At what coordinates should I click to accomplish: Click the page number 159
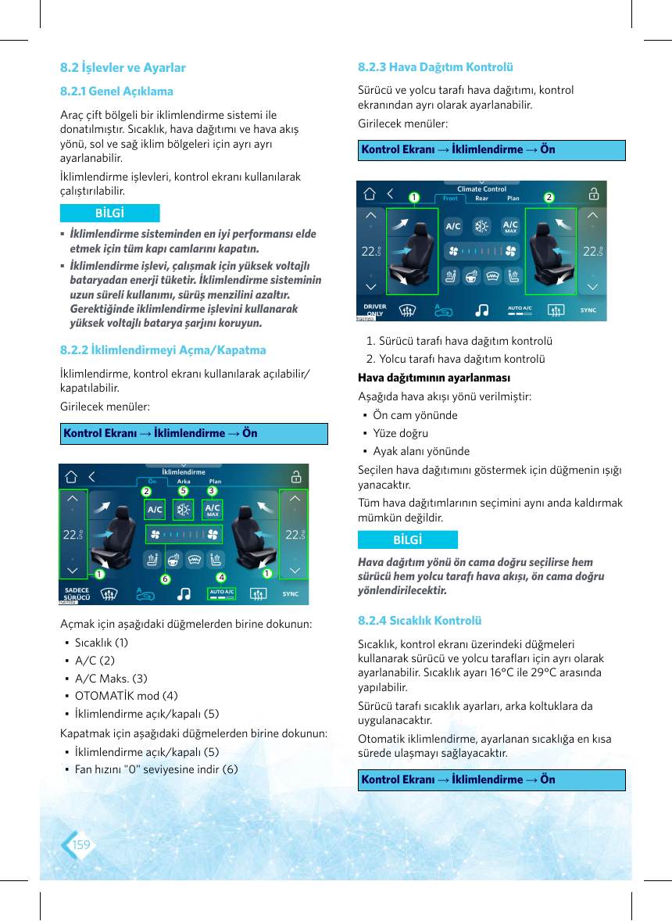pyautogui.click(x=81, y=844)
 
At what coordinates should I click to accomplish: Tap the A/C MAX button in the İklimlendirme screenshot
pyautogui.click(x=213, y=509)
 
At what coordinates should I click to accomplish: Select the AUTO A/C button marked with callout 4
pyautogui.click(x=222, y=594)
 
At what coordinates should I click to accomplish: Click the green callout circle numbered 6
pyautogui.click(x=166, y=579)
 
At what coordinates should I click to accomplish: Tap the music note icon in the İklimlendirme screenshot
pyautogui.click(x=184, y=594)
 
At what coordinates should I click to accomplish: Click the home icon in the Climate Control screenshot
pyautogui.click(x=370, y=194)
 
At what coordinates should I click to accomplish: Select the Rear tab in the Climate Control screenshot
pyautogui.click(x=482, y=199)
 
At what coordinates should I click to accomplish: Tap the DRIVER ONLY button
pyautogui.click(x=375, y=310)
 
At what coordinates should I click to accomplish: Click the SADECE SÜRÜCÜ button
pyautogui.click(x=77, y=594)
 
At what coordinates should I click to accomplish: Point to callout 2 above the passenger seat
pyautogui.click(x=549, y=197)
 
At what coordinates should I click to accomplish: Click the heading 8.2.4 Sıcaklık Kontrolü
pyautogui.click(x=420, y=620)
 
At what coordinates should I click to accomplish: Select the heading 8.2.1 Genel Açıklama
pyautogui.click(x=116, y=91)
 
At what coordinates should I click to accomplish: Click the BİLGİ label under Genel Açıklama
pyautogui.click(x=109, y=213)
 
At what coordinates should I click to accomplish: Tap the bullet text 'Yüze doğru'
pyautogui.click(x=401, y=433)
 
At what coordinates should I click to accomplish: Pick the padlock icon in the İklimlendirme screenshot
pyautogui.click(x=296, y=476)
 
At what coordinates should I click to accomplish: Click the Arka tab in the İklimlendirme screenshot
pyautogui.click(x=184, y=482)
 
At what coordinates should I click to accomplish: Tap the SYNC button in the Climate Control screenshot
pyautogui.click(x=588, y=310)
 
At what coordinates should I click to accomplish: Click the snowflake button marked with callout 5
pyautogui.click(x=184, y=509)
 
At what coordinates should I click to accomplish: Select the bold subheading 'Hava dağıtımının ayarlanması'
pyautogui.click(x=434, y=378)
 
